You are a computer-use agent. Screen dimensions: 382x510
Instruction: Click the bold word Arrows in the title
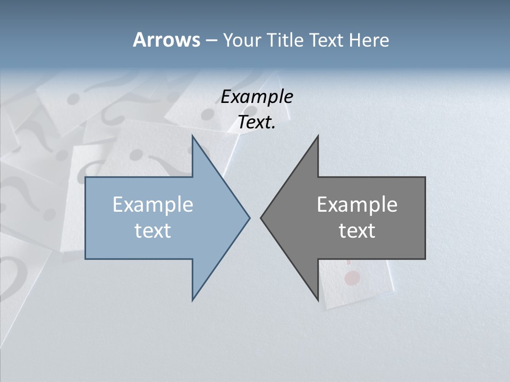click(166, 40)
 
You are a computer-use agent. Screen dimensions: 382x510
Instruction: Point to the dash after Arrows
click(211, 41)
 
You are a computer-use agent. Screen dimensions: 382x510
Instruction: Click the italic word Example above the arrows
click(257, 97)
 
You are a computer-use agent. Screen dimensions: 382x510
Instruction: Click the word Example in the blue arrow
click(152, 205)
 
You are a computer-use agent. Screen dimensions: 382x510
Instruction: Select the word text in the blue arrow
click(152, 231)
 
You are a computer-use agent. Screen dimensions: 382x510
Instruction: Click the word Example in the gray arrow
click(357, 205)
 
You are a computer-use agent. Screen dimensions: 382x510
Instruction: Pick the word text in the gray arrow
click(357, 231)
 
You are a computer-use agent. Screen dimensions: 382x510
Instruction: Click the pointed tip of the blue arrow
click(249, 218)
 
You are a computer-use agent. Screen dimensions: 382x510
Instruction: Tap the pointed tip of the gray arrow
click(261, 218)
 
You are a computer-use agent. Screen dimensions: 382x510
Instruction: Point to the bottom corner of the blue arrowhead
click(193, 300)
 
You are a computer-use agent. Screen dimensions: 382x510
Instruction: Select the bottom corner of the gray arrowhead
click(317, 300)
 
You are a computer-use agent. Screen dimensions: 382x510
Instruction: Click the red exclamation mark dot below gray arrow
click(352, 277)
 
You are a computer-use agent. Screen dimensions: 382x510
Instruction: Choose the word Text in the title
click(327, 40)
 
